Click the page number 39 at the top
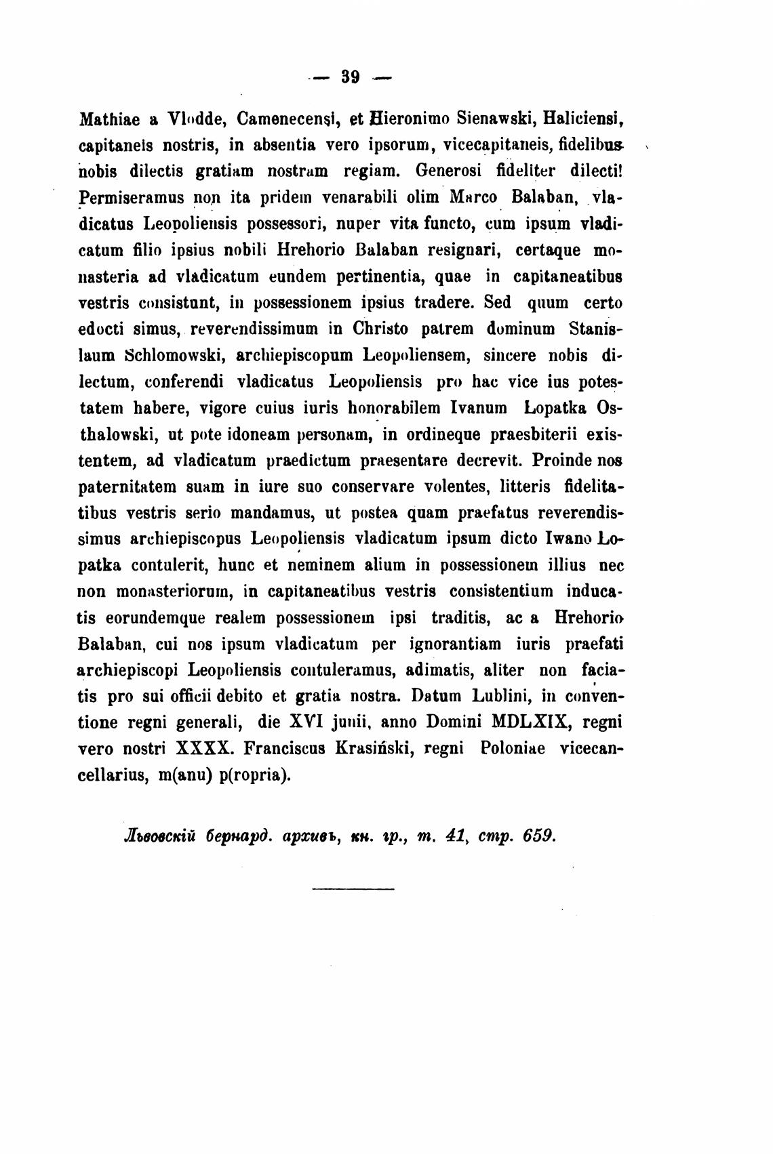coord(349,77)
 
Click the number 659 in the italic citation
coord(540,835)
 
